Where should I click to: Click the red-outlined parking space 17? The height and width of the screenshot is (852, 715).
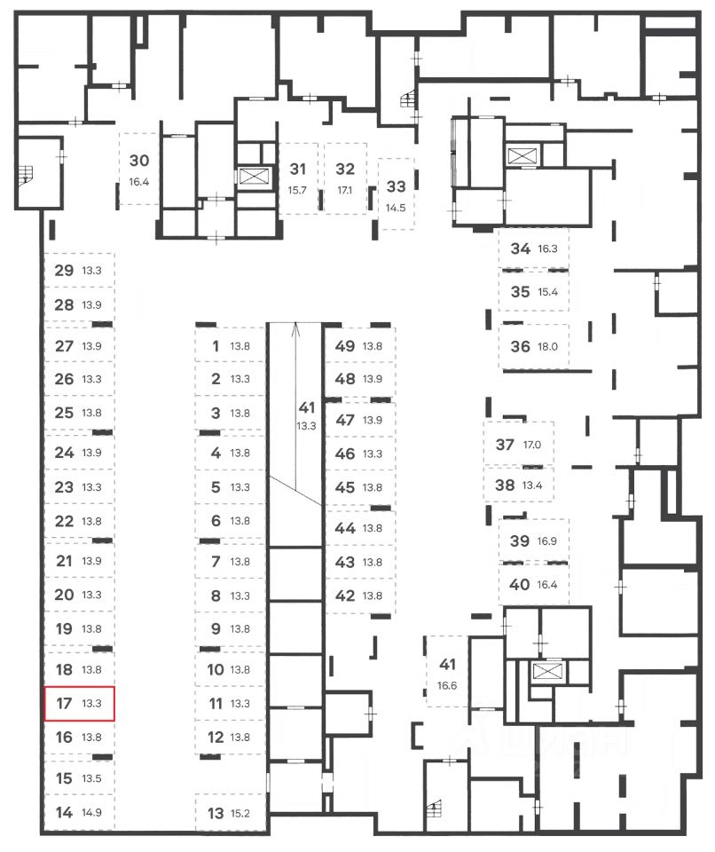80,704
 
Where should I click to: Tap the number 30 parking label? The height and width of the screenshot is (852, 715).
138,162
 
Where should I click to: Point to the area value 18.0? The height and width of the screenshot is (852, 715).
547,347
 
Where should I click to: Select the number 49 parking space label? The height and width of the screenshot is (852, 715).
345,347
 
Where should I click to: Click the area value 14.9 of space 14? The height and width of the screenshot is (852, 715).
91,813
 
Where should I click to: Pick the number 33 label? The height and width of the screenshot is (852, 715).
397,187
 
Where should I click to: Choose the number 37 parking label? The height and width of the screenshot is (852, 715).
505,446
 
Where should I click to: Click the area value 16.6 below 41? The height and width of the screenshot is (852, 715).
447,685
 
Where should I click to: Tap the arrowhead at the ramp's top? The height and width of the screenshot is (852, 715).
296,327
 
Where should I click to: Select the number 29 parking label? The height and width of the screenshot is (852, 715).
63,271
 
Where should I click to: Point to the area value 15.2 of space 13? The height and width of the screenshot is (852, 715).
240,813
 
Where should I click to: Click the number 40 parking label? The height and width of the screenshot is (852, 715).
520,584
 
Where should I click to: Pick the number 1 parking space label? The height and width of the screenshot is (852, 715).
216,347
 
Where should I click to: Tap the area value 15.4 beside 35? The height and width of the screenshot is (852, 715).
547,292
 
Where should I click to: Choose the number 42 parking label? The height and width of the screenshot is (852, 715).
345,596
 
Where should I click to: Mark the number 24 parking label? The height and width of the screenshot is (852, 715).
63,453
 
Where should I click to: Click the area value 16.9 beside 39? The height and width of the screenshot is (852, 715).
547,541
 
